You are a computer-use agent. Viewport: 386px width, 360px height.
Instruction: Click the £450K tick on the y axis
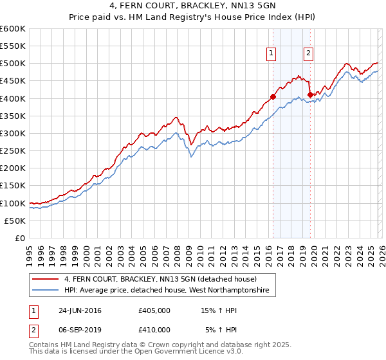(13, 81)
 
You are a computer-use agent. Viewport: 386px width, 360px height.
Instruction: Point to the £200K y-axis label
(13, 168)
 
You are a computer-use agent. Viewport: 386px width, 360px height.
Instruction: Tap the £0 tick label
(19, 238)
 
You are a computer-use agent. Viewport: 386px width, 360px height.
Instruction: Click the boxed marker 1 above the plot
(271, 54)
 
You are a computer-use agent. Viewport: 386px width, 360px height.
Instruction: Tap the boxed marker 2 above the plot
(309, 54)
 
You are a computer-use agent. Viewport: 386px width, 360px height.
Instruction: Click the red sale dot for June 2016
(273, 97)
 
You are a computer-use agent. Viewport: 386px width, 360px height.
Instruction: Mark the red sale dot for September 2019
(310, 95)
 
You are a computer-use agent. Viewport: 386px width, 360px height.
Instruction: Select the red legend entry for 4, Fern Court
(160, 279)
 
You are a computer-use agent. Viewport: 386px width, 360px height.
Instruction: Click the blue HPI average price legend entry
(170, 291)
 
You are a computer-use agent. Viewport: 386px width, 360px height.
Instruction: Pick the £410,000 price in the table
(154, 329)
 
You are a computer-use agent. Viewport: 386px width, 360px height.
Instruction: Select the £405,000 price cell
(154, 310)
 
